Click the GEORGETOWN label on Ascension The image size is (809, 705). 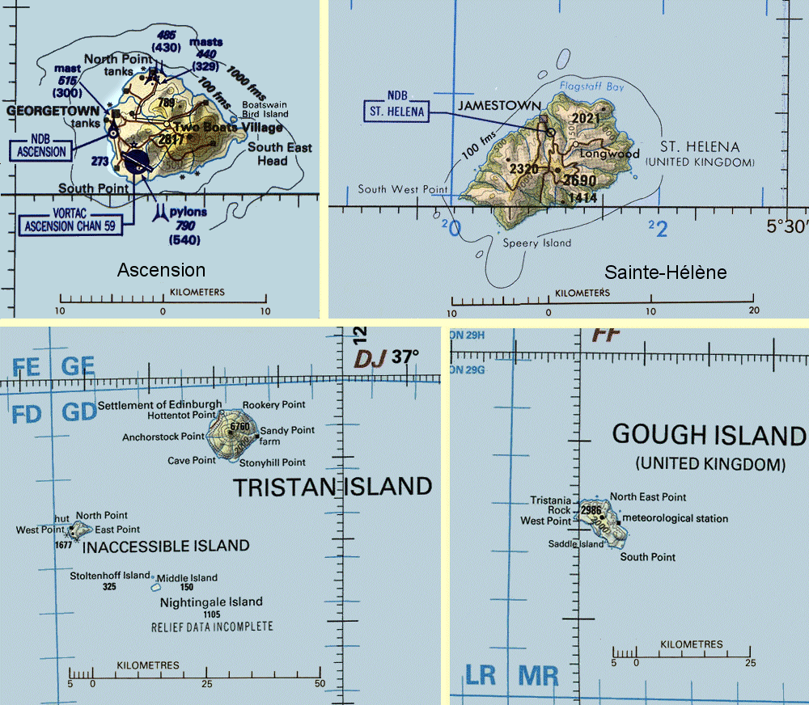[x=53, y=110]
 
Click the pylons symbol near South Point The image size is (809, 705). [x=162, y=211]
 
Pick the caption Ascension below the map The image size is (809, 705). [x=162, y=270]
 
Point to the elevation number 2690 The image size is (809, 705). [x=579, y=180]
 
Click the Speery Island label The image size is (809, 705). [x=536, y=243]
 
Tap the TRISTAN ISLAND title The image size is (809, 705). [x=332, y=486]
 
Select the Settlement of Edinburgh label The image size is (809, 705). [x=159, y=404]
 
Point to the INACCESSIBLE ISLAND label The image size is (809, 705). [x=166, y=546]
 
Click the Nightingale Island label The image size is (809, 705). [x=211, y=602]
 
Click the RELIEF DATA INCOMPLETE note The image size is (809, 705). [x=212, y=627]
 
